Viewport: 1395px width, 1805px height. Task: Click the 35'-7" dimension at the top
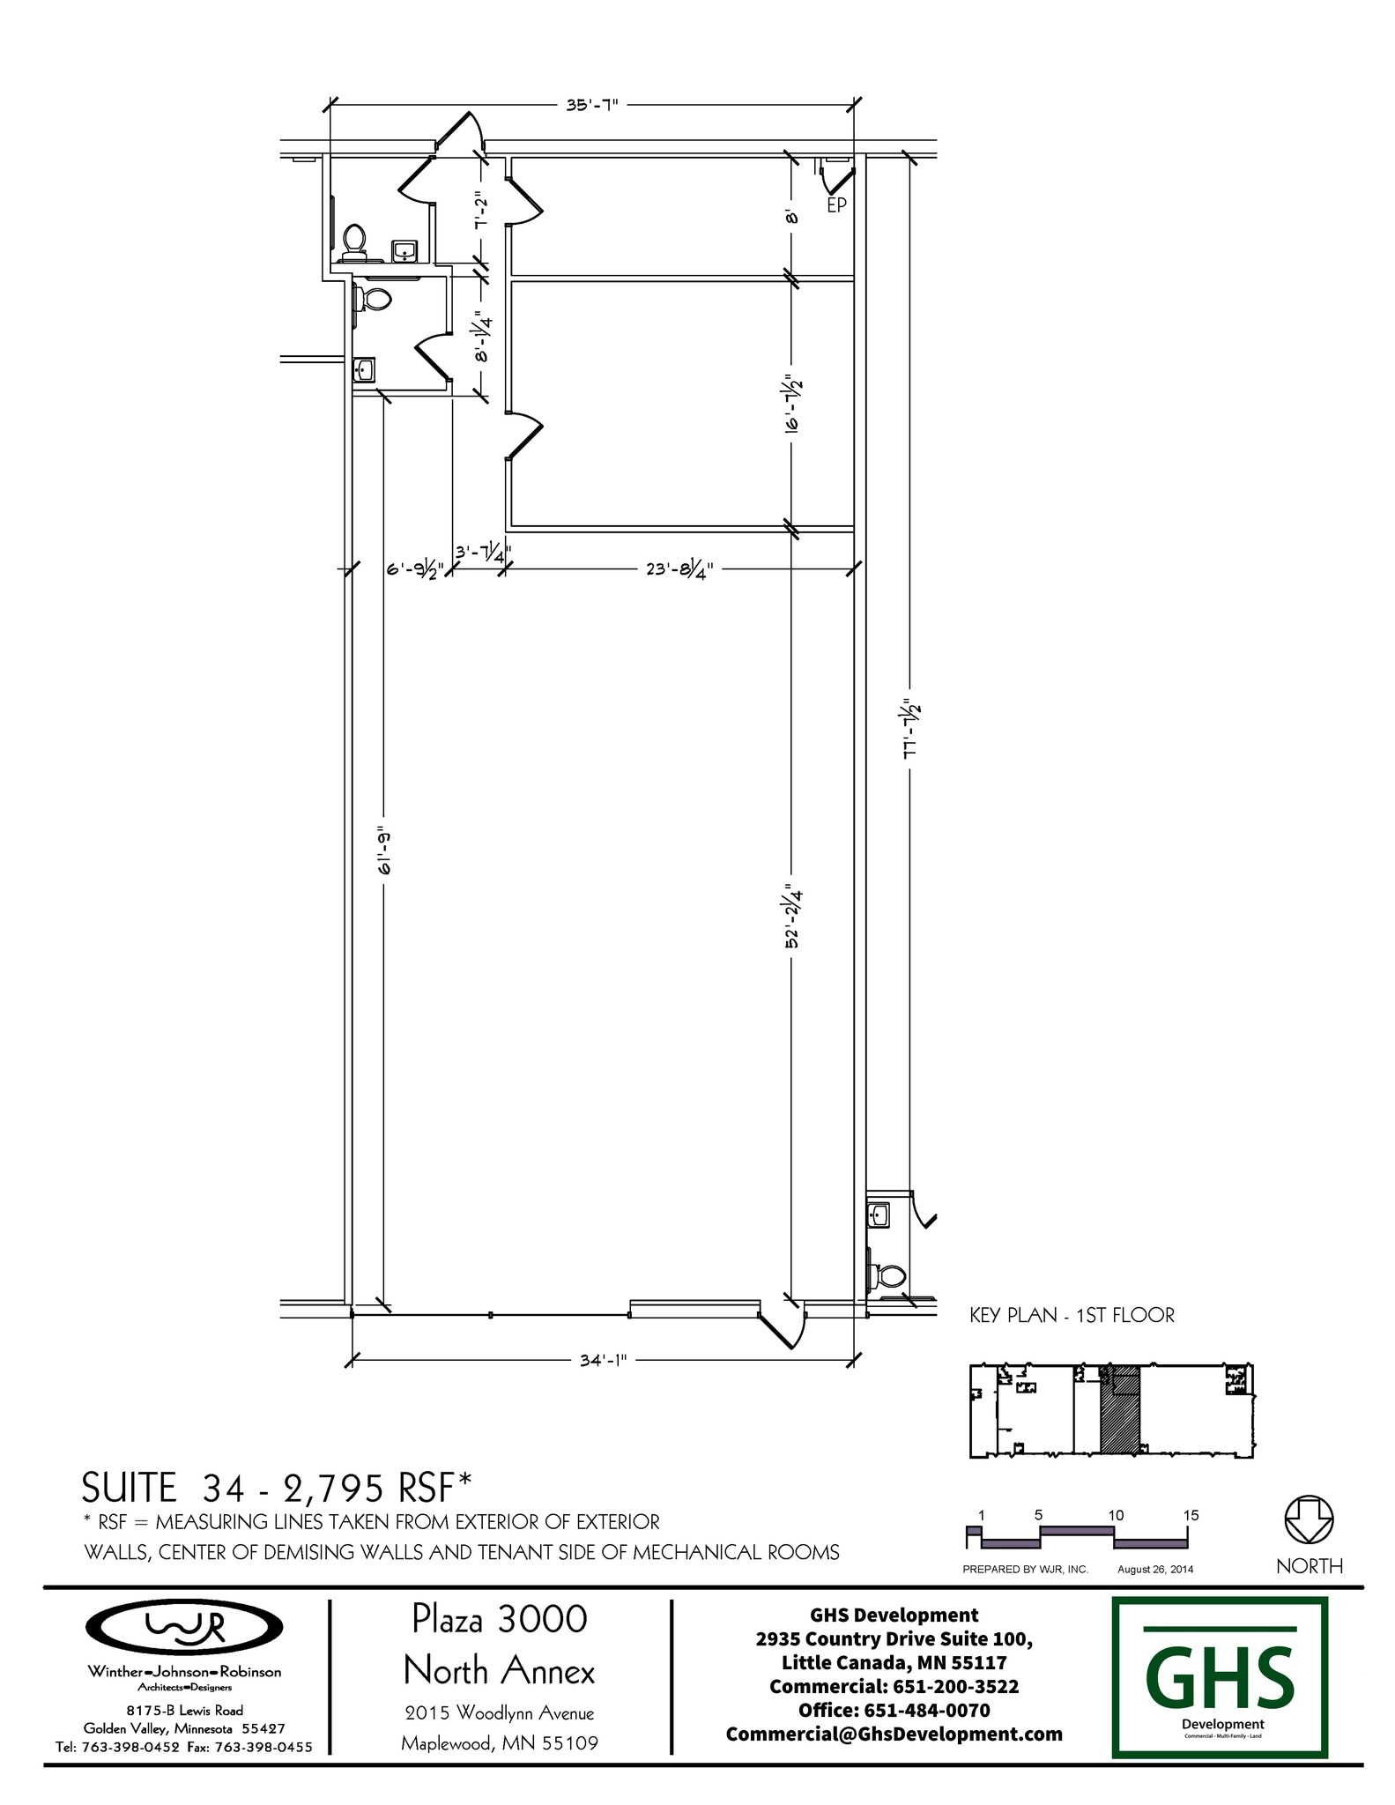tap(592, 104)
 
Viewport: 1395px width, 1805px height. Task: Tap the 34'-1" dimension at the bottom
tap(604, 1360)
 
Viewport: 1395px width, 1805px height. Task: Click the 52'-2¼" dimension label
tap(792, 917)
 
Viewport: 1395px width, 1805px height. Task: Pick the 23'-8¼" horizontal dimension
tap(679, 569)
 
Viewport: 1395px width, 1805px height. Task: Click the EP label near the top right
tap(836, 205)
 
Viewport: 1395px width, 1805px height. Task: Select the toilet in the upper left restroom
tap(354, 242)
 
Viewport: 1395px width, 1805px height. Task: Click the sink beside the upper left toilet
tap(404, 250)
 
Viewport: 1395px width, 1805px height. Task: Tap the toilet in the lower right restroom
tap(887, 1275)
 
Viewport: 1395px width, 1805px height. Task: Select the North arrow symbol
tap(1310, 1519)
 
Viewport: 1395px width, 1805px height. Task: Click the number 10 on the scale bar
tap(1116, 1515)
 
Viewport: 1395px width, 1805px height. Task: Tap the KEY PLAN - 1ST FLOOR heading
tap(1072, 1315)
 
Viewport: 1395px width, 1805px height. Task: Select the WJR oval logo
tap(183, 1627)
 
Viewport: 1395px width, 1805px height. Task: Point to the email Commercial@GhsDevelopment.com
tap(894, 1734)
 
